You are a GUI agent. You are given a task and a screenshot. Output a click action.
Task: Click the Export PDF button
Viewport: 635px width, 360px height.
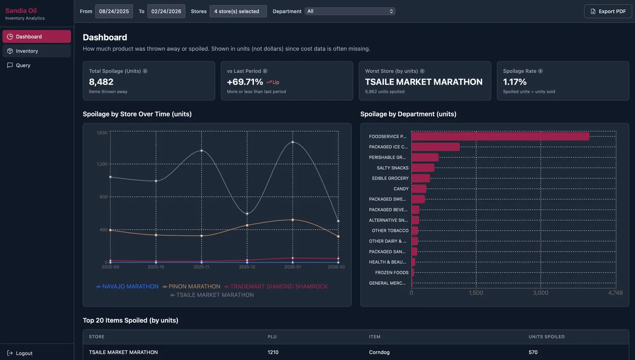(x=608, y=11)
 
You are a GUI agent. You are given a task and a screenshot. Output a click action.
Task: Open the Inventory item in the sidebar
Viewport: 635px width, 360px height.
(x=27, y=51)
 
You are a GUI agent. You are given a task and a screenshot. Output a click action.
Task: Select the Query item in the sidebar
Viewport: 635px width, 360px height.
(x=23, y=66)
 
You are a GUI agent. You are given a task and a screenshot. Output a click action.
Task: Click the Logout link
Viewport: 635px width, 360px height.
(x=24, y=353)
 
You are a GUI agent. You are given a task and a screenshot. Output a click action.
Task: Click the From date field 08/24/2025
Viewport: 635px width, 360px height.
(x=114, y=11)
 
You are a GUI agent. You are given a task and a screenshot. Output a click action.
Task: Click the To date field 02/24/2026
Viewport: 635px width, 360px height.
(x=166, y=11)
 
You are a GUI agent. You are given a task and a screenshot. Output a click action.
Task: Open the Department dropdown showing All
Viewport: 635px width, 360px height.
(x=350, y=11)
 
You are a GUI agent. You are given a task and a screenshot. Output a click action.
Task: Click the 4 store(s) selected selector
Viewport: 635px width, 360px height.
(x=238, y=11)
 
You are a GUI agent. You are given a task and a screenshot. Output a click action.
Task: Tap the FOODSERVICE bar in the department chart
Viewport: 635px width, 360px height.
(x=500, y=136)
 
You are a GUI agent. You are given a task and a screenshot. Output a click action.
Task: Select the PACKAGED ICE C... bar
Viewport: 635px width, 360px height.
(x=435, y=147)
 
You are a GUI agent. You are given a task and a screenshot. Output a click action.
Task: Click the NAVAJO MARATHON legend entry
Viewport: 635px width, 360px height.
(x=130, y=286)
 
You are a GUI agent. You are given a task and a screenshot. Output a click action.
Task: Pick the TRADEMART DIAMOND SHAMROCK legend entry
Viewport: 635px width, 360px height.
(x=279, y=286)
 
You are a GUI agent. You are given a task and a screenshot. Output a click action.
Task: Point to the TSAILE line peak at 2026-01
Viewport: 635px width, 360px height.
(x=293, y=142)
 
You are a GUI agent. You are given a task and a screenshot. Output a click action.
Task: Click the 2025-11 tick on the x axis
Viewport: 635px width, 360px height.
(x=202, y=267)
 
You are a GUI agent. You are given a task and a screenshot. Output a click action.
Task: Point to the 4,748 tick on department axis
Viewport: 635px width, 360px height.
(x=615, y=293)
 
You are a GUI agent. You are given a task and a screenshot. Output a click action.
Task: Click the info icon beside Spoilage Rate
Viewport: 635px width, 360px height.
(x=540, y=71)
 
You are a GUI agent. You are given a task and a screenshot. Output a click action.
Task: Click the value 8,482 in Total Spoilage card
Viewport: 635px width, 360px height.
(x=101, y=82)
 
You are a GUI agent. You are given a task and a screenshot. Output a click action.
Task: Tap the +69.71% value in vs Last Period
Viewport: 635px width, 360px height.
(x=245, y=82)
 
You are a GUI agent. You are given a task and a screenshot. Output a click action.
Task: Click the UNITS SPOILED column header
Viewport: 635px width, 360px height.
(x=546, y=337)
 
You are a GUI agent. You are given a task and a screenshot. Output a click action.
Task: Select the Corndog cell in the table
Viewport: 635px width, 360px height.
(x=379, y=352)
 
